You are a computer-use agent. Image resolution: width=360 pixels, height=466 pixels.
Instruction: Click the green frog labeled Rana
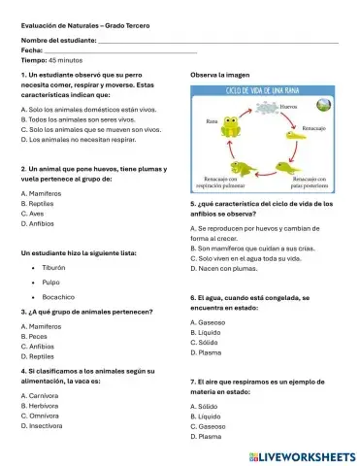(x=230, y=126)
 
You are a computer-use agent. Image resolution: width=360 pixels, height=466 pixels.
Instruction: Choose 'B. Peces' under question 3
(x=35, y=336)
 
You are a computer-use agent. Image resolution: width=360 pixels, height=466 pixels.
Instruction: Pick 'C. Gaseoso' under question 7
(x=211, y=426)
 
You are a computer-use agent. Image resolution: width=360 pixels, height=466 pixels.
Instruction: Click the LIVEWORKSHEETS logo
(x=303, y=455)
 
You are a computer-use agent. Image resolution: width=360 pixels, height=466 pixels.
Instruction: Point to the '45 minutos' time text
(x=61, y=60)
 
